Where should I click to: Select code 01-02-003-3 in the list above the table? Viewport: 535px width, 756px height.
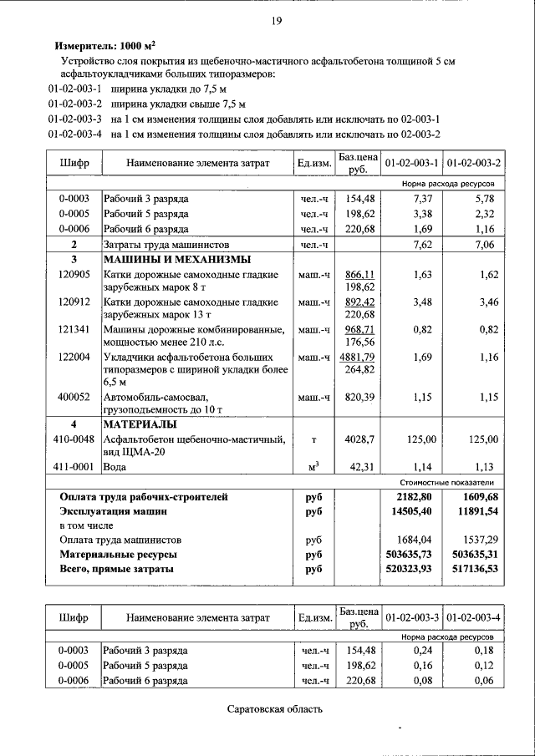tap(75, 119)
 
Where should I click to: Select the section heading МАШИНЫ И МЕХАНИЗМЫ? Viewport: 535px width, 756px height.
tap(176, 259)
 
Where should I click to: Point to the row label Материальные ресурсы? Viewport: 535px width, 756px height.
tap(119, 554)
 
